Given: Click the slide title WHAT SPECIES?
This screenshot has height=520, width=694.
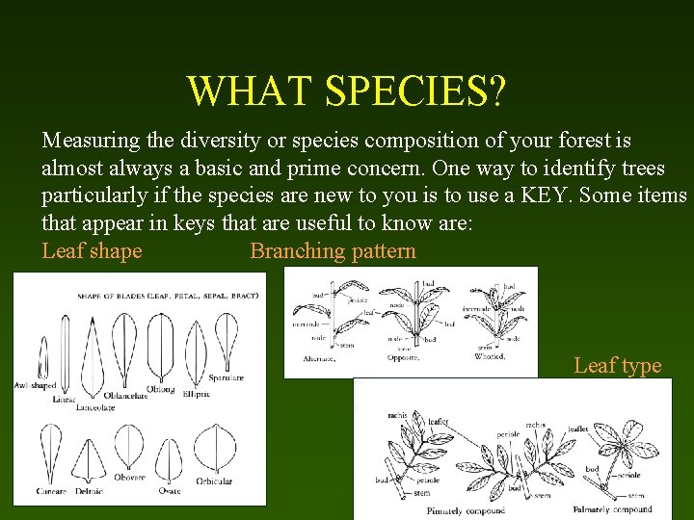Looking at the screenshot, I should coord(346,91).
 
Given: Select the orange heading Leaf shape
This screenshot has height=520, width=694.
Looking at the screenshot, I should coord(92,251).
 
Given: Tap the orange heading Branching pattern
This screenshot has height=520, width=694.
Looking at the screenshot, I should coord(333,251).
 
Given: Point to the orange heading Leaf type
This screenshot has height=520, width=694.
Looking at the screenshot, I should coord(617,365).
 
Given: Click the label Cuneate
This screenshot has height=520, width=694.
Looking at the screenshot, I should coord(51,491).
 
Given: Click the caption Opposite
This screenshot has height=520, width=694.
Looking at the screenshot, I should coord(403,358).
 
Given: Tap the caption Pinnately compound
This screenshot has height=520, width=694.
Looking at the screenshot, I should coord(446,510).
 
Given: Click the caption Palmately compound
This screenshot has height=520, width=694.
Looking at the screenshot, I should coord(613,508).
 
